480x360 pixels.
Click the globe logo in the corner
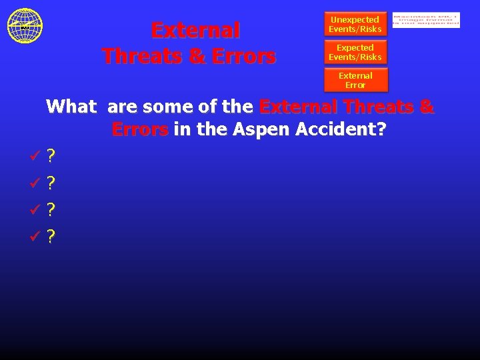[x=25, y=25]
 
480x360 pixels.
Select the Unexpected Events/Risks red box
[x=355, y=24]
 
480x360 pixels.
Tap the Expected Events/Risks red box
[x=355, y=52]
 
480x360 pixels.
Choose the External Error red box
[x=355, y=80]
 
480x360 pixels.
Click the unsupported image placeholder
[x=426, y=20]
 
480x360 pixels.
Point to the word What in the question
[x=71, y=107]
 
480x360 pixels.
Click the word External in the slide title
[x=195, y=31]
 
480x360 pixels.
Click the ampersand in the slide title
[x=197, y=56]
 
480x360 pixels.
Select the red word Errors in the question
[x=140, y=129]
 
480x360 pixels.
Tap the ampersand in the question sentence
[x=427, y=107]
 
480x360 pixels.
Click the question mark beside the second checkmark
[x=51, y=183]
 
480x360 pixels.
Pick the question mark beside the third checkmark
[x=51, y=209]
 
